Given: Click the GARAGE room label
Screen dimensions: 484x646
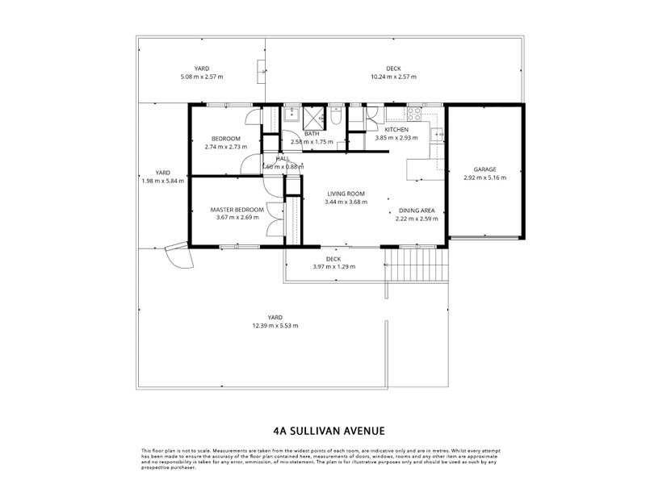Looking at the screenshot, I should [484, 169].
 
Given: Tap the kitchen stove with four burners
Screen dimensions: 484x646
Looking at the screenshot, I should [417, 113].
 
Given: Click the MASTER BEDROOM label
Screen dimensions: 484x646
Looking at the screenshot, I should [237, 210].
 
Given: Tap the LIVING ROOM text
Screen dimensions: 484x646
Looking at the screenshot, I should [346, 194].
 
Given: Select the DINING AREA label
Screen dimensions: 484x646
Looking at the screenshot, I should [417, 210].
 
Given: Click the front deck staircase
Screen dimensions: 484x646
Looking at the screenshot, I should [415, 264].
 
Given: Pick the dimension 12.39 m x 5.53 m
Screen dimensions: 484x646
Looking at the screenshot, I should [275, 326].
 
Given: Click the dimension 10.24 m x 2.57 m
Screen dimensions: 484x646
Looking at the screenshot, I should [393, 77].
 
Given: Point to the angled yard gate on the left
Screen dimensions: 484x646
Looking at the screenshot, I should [178, 257].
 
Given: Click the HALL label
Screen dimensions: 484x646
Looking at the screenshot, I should [283, 158].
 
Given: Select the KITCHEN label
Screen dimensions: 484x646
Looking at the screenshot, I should [396, 130].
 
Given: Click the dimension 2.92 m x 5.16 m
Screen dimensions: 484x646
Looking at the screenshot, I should [484, 177].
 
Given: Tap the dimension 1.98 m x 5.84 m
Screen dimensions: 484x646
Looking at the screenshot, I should [162, 181].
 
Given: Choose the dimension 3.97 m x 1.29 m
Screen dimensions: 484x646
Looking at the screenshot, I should [333, 266].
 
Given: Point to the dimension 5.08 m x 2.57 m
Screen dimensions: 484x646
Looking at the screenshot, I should [202, 77].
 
